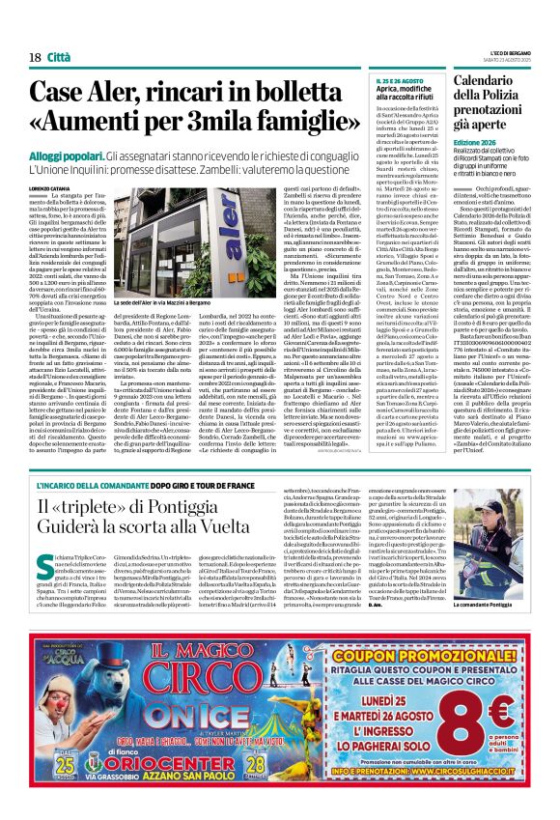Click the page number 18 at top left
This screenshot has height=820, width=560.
pos(35,57)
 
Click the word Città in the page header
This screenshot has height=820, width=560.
pos(60,57)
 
